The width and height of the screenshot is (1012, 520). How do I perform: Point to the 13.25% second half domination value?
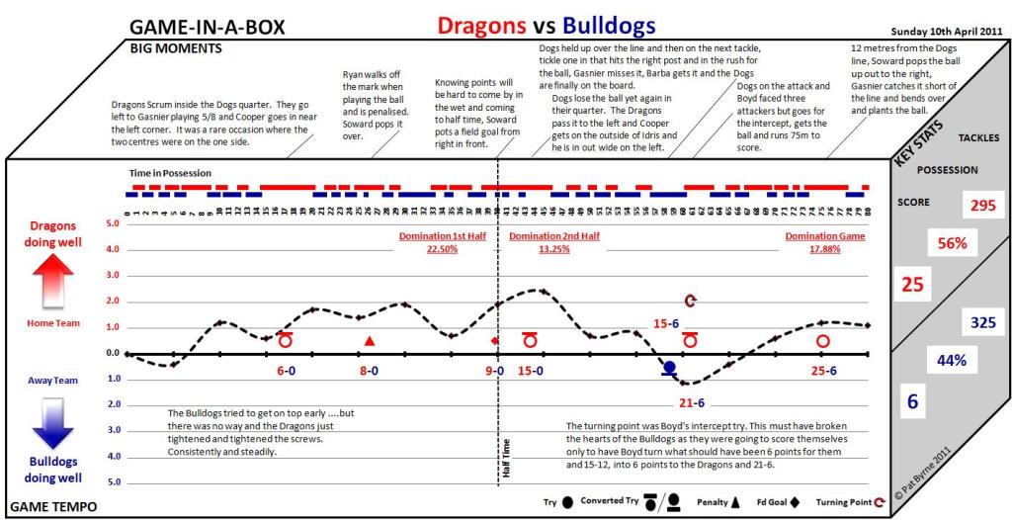[x=554, y=249]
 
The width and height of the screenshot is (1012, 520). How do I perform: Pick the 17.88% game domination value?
[x=825, y=249]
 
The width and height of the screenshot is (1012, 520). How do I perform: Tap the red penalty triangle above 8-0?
[x=370, y=341]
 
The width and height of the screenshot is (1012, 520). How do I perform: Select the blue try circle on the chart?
[x=669, y=368]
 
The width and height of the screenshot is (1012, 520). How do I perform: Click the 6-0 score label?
[x=286, y=372]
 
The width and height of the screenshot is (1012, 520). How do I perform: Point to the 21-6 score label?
[x=691, y=402]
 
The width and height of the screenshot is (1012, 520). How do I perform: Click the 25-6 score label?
[x=824, y=372]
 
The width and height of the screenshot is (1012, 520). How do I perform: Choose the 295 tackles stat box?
[x=981, y=206]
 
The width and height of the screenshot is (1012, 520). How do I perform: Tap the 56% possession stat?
[x=952, y=243]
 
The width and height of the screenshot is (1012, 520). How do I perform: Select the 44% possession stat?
[x=951, y=361]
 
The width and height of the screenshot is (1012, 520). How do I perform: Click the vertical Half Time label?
[x=507, y=459]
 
